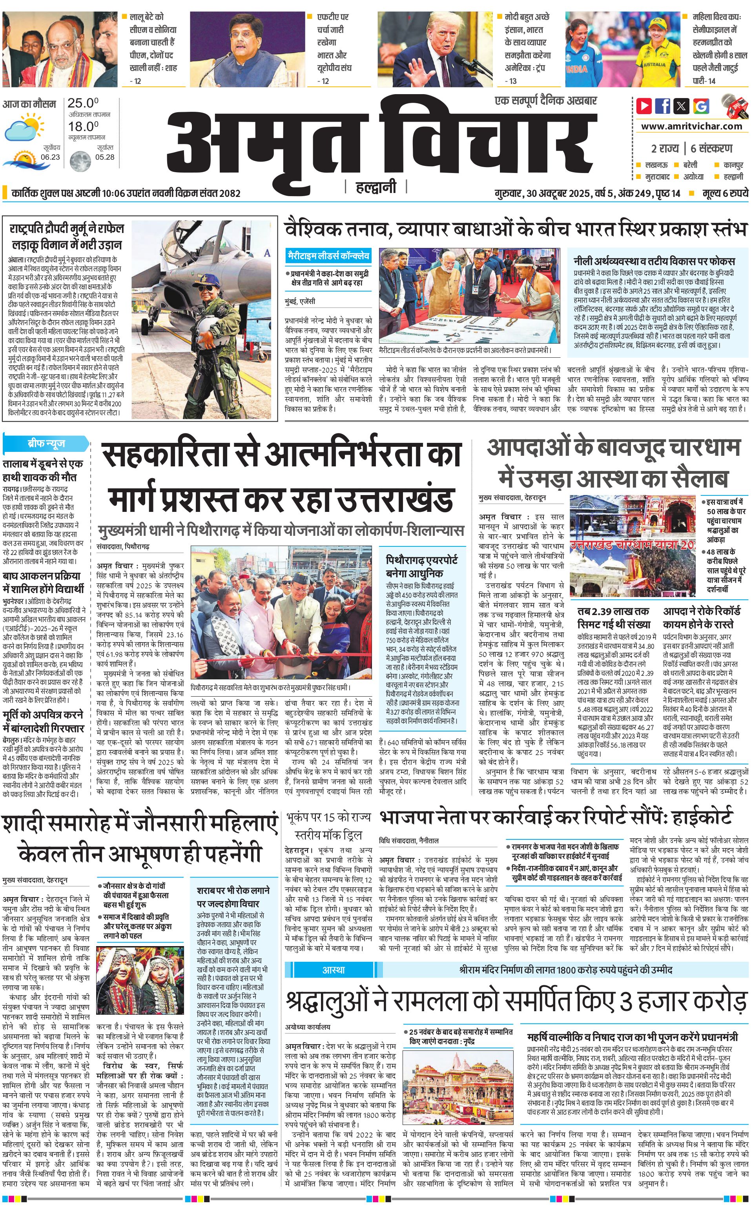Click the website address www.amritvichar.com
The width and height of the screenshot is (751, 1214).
691,126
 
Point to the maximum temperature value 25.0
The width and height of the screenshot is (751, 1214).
83,103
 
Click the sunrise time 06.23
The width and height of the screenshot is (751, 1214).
50,157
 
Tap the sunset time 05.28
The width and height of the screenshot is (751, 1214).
105,157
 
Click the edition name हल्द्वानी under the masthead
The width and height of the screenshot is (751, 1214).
376,187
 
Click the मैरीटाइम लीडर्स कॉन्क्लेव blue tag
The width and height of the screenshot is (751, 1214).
329,256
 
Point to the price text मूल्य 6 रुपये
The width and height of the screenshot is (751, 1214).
725,193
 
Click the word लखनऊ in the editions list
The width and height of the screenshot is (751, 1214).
656,165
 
